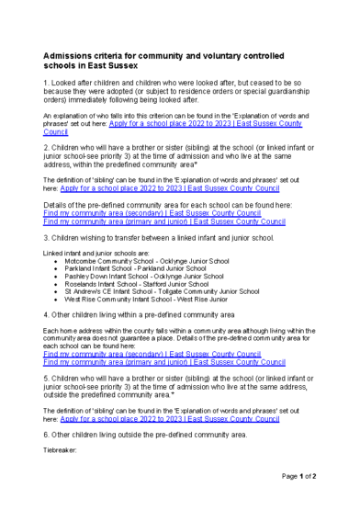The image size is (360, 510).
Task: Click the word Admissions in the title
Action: [73, 55]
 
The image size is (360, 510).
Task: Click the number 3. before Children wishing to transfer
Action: [48, 237]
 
